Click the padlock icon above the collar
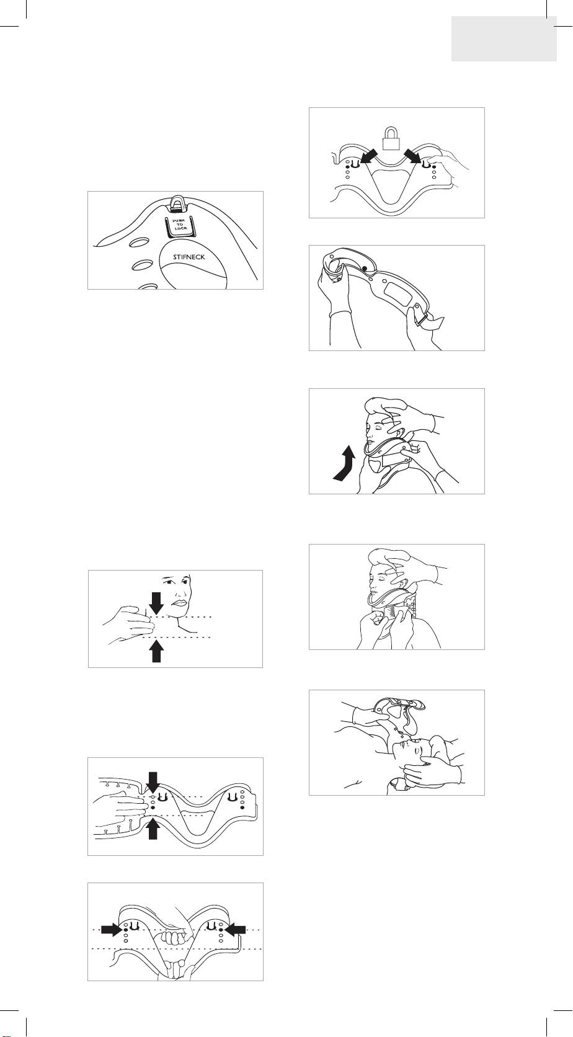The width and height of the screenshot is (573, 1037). [391, 138]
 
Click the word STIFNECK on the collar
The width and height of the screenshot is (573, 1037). [189, 257]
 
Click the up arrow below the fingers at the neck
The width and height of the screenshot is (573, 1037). [157, 651]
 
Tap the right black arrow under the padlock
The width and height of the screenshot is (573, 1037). [413, 156]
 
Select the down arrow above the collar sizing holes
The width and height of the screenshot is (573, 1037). [153, 782]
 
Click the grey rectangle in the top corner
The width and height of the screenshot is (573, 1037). [504, 38]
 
